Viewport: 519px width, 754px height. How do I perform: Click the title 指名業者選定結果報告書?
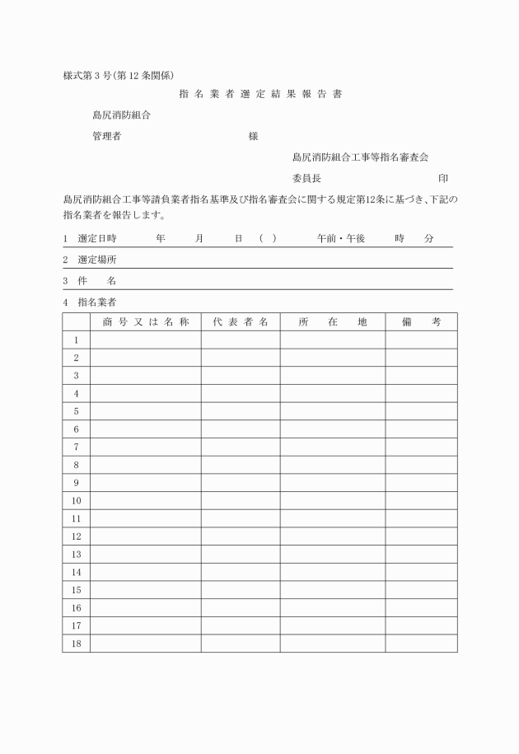tap(260, 94)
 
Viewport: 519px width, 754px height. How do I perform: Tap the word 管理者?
tap(107, 137)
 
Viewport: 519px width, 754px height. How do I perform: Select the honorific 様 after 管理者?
tap(253, 137)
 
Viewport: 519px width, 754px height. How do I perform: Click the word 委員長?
tap(306, 178)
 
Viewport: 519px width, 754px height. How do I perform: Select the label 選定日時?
tap(96, 238)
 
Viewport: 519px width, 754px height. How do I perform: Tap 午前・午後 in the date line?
tap(340, 238)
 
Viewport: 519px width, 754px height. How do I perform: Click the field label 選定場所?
tap(96, 260)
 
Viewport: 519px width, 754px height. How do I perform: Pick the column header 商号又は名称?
tap(146, 321)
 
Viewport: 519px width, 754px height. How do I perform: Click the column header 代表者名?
tap(240, 321)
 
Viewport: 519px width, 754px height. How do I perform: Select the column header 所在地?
tap(332, 321)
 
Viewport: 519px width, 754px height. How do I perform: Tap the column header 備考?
tap(421, 321)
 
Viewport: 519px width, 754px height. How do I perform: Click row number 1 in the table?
tap(76, 340)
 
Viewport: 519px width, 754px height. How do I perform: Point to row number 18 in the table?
tap(76, 644)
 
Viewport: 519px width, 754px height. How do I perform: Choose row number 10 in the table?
tap(76, 500)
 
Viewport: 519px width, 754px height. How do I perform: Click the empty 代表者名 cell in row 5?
tap(240, 411)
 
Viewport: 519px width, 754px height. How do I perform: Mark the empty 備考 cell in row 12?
tap(421, 536)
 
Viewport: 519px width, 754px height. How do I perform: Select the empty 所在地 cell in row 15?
tap(332, 590)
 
